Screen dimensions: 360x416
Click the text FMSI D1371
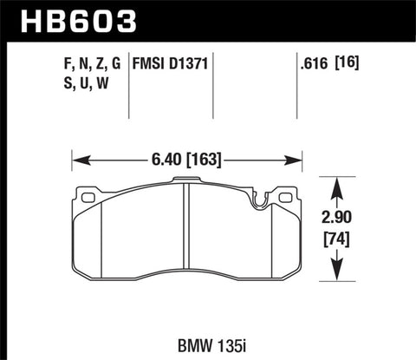click(x=170, y=63)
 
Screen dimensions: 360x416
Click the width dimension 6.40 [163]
click(x=187, y=159)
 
